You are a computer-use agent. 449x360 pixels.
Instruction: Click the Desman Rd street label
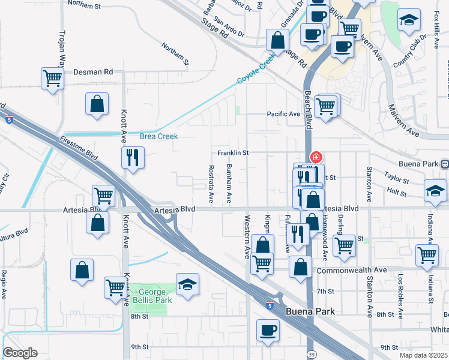(93, 71)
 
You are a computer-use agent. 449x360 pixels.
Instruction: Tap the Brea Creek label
(159, 136)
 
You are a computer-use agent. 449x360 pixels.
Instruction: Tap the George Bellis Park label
(152, 295)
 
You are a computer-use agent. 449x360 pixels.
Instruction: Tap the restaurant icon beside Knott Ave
(131, 158)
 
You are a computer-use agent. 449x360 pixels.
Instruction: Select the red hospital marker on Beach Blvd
(315, 157)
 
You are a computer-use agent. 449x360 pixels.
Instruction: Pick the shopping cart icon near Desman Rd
(52, 78)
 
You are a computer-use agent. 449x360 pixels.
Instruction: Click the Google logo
(20, 353)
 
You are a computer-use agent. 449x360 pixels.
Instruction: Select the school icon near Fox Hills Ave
(409, 21)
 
